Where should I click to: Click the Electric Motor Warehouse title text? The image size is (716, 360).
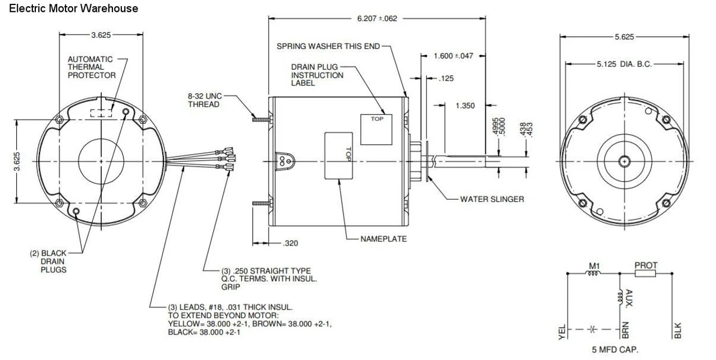tap(73, 8)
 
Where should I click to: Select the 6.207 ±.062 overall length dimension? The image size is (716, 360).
tap(377, 18)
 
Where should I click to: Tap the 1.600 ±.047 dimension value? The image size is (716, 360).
tap(454, 56)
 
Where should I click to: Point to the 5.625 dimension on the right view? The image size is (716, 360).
tap(624, 37)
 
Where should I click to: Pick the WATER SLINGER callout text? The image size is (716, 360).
tap(492, 199)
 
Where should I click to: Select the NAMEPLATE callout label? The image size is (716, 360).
tap(384, 239)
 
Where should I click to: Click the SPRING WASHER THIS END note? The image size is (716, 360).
tap(328, 46)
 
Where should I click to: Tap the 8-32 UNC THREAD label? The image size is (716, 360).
tap(204, 100)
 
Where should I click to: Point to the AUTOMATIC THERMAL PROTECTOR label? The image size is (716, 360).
tap(91, 67)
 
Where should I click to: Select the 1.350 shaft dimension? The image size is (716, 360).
tap(465, 106)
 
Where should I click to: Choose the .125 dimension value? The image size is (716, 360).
tap(446, 79)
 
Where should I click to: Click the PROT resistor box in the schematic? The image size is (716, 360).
tap(646, 274)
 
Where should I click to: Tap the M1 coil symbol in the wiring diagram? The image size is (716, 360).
tap(593, 273)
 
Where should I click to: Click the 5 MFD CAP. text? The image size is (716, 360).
tap(615, 350)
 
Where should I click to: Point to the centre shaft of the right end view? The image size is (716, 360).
tap(624, 161)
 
